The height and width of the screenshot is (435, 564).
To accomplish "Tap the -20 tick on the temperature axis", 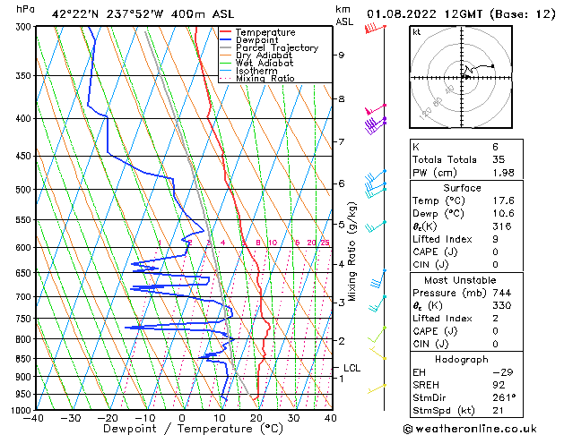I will point(107,417).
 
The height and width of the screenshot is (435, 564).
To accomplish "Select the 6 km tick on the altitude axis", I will point(341,183).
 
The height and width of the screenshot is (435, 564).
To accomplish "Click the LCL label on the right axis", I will point(352,367).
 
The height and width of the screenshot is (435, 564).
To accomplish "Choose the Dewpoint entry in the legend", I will point(257,40).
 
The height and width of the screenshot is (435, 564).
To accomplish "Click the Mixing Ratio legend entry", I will point(265,79).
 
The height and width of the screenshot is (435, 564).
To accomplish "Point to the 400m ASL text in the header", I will point(179,13).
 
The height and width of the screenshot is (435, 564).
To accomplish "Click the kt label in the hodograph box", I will point(416,31).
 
